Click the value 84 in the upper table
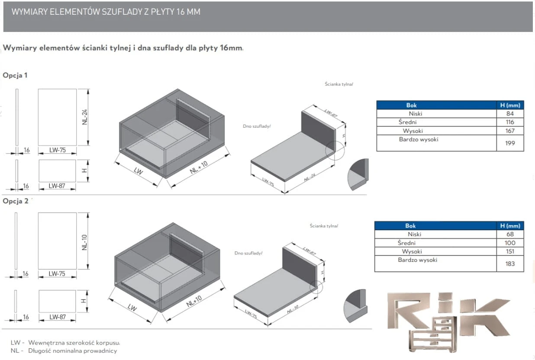(510, 114)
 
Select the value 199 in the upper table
(510, 143)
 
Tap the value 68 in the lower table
(510, 234)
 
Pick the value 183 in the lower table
(510, 263)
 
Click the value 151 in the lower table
(510, 251)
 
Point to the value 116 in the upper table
(510, 122)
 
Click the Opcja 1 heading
(15, 75)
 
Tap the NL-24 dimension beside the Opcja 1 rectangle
(85, 117)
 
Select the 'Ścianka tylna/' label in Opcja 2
(324, 225)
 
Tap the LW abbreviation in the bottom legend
(15, 342)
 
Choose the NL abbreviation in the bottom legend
(14, 350)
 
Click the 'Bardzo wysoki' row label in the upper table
(419, 139)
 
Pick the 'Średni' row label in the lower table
(406, 243)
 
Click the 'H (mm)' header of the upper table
(510, 105)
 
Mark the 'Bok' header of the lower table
(410, 225)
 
